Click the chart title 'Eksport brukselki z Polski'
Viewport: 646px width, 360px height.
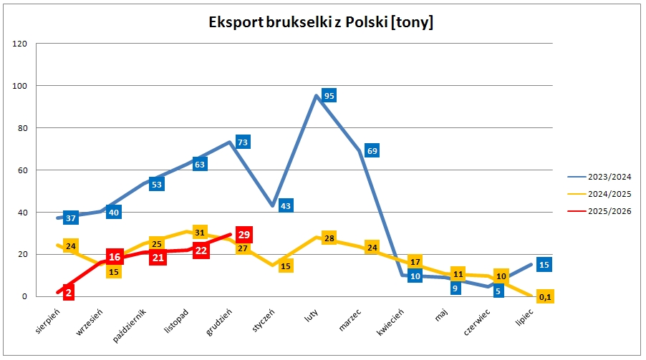point(320,22)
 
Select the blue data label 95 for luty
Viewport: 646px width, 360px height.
point(329,95)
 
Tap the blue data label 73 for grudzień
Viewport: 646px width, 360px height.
point(242,142)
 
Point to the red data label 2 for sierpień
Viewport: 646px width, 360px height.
point(69,292)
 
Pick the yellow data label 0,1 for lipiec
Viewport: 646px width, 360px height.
point(544,296)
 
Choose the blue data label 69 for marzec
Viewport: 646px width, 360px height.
point(372,150)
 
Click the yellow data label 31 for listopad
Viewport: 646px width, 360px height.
point(201,232)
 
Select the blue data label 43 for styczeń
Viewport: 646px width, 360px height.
point(285,205)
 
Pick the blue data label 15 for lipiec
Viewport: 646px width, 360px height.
point(544,265)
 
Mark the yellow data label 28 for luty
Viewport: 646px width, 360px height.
point(329,238)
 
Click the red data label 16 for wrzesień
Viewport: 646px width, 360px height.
point(114,257)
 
